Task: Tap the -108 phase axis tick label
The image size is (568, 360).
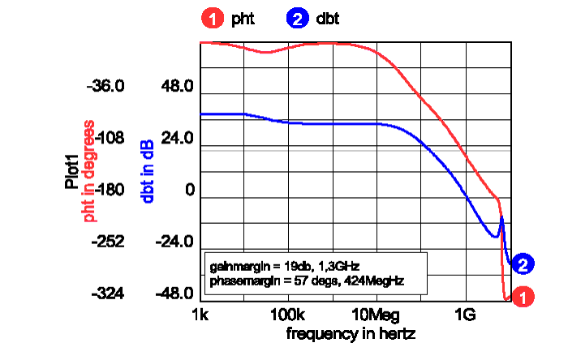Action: pyautogui.click(x=109, y=139)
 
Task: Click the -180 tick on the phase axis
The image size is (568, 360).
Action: pyautogui.click(x=109, y=191)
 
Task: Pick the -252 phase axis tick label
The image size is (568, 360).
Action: pyautogui.click(x=109, y=242)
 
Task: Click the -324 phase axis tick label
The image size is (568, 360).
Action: pyautogui.click(x=109, y=294)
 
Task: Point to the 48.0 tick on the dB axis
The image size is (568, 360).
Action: pyautogui.click(x=178, y=87)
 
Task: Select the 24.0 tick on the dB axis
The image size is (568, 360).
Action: pyautogui.click(x=178, y=139)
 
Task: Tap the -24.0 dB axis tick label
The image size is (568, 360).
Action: pyautogui.click(x=176, y=242)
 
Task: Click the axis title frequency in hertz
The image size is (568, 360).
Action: pyautogui.click(x=350, y=332)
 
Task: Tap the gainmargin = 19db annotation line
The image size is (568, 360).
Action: pyautogui.click(x=284, y=265)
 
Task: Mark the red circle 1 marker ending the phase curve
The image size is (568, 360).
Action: pyautogui.click(x=524, y=297)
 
